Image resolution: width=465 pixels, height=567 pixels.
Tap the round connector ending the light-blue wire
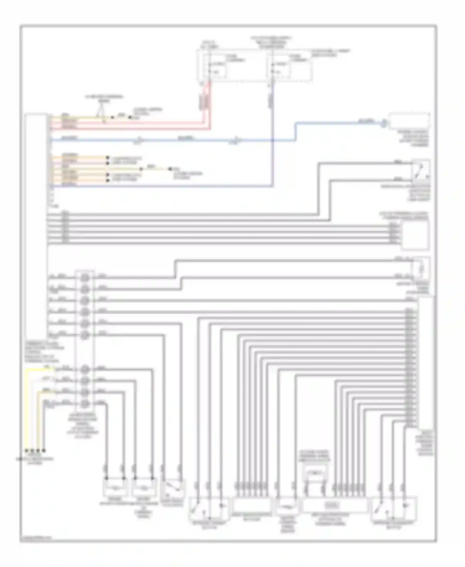[x=384, y=123]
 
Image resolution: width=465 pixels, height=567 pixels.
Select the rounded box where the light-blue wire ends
[x=410, y=121]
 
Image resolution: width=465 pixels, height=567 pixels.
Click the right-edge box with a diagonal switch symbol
[x=421, y=171]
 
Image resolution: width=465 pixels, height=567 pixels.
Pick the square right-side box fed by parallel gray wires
[x=415, y=235]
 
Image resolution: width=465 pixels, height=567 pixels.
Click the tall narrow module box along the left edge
[x=36, y=226]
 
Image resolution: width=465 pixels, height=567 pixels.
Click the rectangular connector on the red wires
[x=204, y=102]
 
